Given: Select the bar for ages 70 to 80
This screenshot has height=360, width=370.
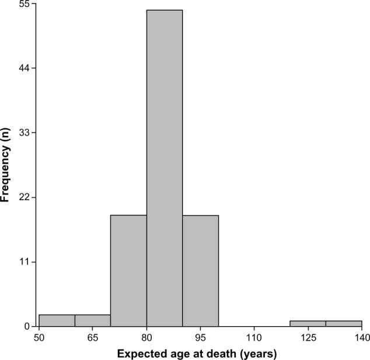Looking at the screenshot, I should (x=128, y=271).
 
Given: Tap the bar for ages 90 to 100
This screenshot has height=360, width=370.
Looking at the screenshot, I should (x=200, y=271).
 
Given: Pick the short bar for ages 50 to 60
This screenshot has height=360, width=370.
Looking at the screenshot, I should (x=57, y=320).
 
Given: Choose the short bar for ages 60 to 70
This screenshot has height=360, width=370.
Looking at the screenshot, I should (x=92, y=320).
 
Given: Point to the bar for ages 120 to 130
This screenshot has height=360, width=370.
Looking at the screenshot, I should (x=308, y=323).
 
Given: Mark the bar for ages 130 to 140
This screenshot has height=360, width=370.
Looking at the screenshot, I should (x=344, y=323).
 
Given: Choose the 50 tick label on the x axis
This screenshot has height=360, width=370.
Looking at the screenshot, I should (x=39, y=338).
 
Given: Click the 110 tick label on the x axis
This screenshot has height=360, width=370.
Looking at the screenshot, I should (x=254, y=338).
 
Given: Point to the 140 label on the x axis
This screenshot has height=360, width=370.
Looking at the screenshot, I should (x=361, y=338).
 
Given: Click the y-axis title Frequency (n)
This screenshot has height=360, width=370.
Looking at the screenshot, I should (x=5, y=166).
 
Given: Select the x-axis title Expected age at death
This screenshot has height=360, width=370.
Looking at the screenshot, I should (x=197, y=354).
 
